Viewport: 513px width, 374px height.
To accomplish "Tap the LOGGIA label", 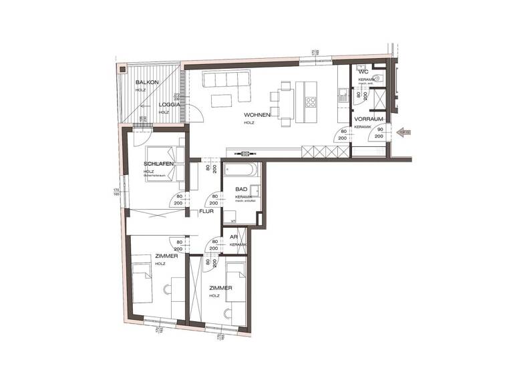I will pyautogui.click(x=168, y=105).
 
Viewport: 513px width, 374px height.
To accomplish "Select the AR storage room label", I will pyautogui.click(x=234, y=237).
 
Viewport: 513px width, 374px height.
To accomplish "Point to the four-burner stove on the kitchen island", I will pyautogui.click(x=311, y=102).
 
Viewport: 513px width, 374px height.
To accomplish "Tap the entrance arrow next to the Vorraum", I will pyautogui.click(x=403, y=132).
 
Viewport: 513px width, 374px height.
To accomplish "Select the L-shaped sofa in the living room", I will pyautogui.click(x=226, y=82).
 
